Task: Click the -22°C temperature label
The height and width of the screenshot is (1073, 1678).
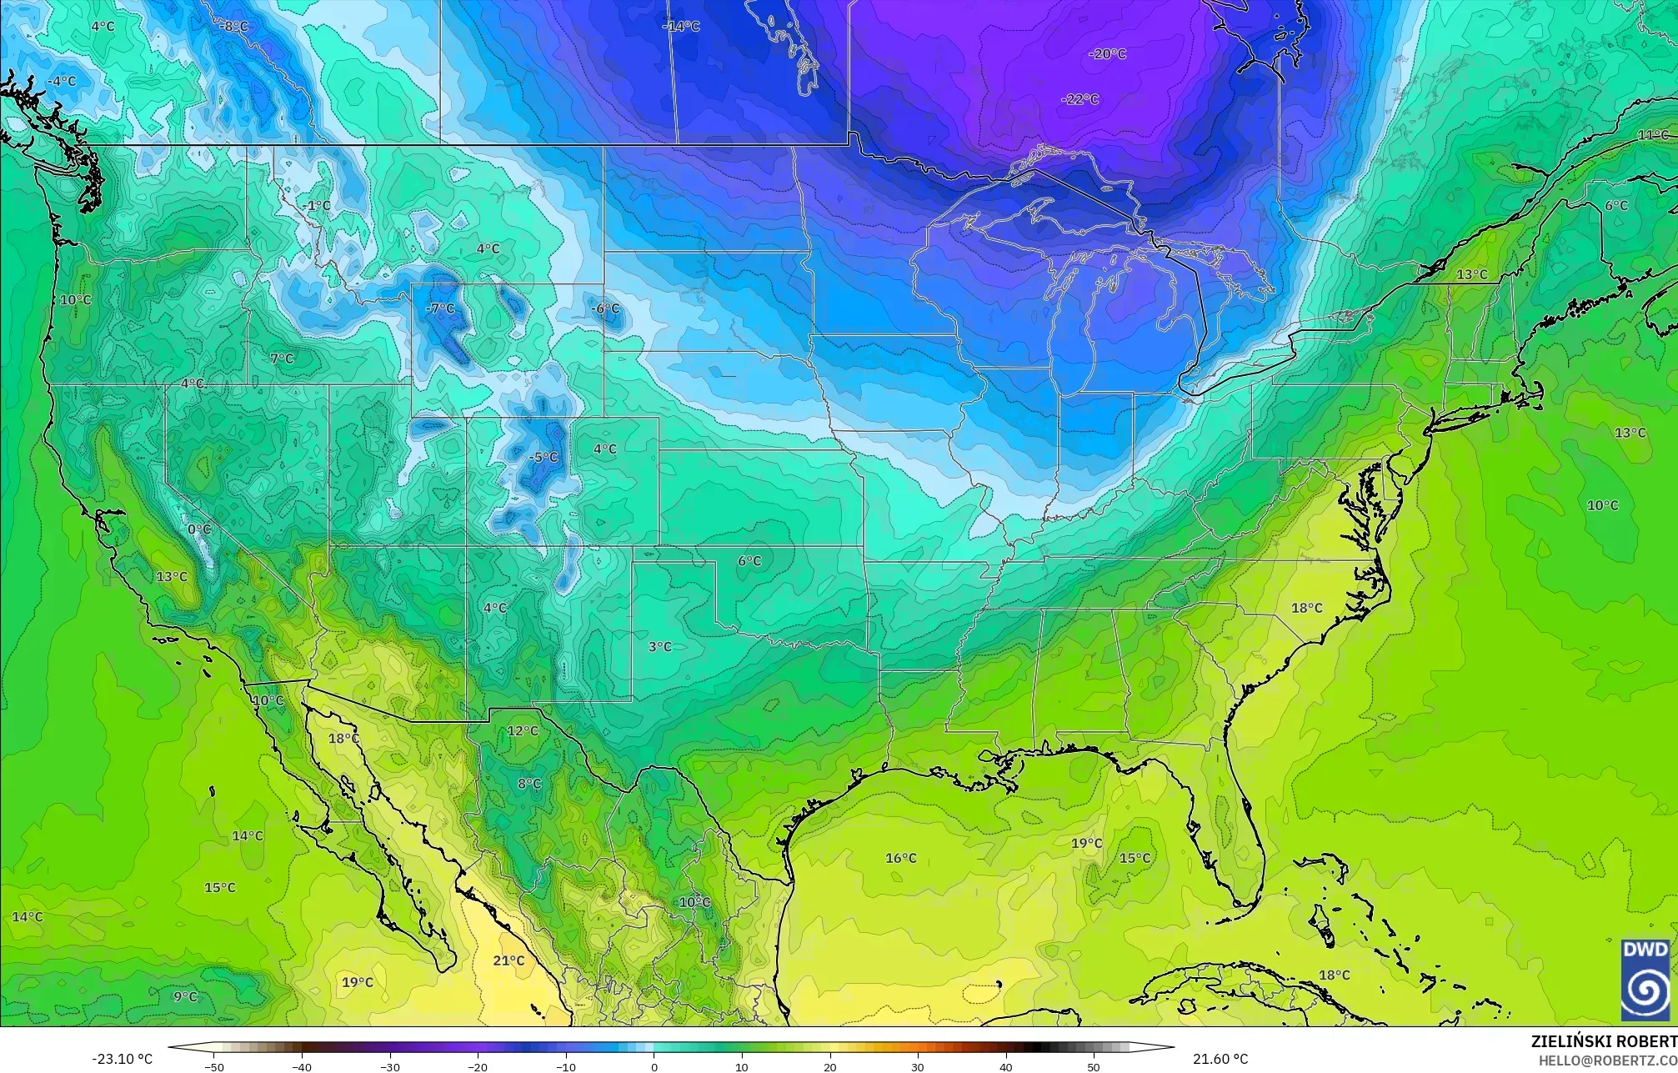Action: (1080, 99)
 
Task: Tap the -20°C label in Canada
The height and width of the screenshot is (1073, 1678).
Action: (1108, 53)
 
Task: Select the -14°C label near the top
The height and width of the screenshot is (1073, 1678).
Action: (681, 26)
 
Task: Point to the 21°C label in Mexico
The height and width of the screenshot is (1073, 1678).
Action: (508, 960)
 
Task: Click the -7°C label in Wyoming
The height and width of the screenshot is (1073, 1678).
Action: (440, 308)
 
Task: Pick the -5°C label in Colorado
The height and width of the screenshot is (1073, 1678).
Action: (543, 457)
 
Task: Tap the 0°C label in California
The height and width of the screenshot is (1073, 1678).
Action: (199, 529)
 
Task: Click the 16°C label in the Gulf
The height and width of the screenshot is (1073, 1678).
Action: (901, 858)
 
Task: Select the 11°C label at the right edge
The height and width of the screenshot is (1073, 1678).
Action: (1653, 135)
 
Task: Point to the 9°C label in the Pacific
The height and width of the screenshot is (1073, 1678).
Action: (185, 996)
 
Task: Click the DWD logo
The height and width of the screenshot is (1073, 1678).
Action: (1645, 979)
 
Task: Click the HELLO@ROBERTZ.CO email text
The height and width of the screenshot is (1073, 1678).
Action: (1607, 1060)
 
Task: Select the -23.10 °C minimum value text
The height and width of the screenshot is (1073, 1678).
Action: (123, 1059)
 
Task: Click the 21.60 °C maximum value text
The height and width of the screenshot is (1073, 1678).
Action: (1220, 1059)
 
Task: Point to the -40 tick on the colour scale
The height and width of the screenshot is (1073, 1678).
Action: (302, 1066)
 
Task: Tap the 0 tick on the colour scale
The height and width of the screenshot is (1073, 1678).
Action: (654, 1066)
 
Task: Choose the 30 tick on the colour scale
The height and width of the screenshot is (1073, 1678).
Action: (918, 1066)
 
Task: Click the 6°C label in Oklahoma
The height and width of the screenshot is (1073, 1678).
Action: (749, 561)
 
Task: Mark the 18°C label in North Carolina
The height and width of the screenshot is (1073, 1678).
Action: (1307, 608)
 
